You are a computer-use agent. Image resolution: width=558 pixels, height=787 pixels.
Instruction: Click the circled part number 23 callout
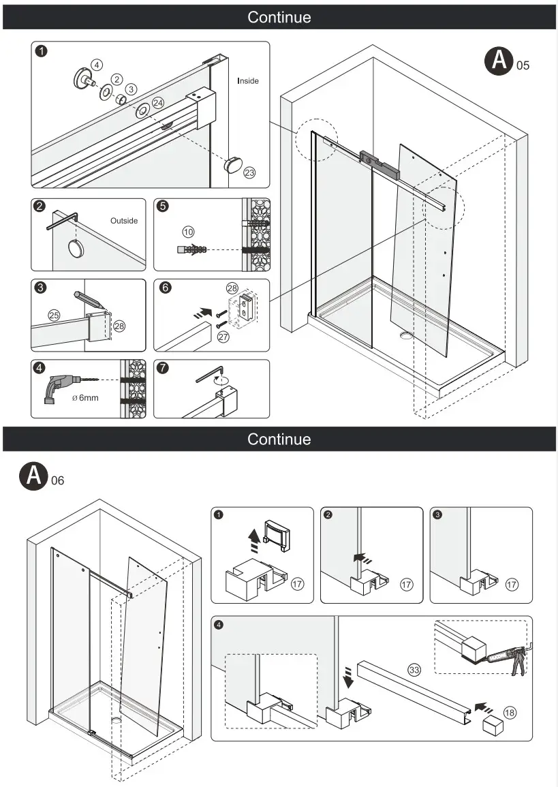249,173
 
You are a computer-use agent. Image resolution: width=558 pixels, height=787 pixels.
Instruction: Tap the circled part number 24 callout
158,103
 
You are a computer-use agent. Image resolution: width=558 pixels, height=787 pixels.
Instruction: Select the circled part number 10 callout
189,232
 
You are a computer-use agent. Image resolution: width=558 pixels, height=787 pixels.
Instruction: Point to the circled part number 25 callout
54,315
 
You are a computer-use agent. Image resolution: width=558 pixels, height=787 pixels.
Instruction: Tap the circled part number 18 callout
509,713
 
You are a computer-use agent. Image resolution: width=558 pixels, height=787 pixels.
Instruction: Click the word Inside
248,81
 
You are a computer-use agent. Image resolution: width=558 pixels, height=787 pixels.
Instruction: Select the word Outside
124,221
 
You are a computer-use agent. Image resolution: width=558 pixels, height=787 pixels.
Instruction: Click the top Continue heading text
279,17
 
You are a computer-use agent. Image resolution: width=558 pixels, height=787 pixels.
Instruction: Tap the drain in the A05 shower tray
407,335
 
